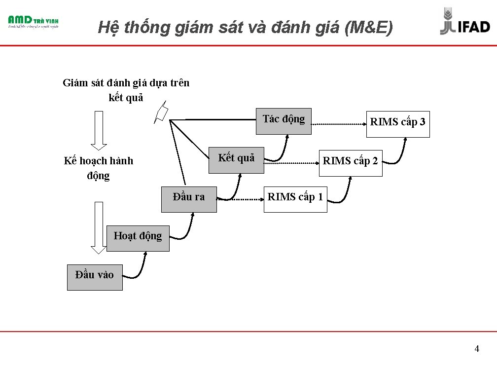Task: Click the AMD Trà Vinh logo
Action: (33, 22)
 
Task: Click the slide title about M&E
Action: (245, 27)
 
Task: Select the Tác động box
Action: (284, 121)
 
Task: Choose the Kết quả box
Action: (236, 160)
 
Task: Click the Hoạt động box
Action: (138, 238)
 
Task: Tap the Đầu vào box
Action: (95, 277)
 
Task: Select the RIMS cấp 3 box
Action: (397, 124)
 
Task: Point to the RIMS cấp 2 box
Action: (350, 163)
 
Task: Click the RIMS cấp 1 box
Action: (295, 199)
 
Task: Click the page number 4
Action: (476, 349)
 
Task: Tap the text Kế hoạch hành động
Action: (99, 168)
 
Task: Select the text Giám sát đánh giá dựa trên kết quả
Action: (126, 89)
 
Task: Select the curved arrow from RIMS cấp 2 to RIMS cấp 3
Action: (399, 150)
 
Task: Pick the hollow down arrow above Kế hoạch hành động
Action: (99, 129)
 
